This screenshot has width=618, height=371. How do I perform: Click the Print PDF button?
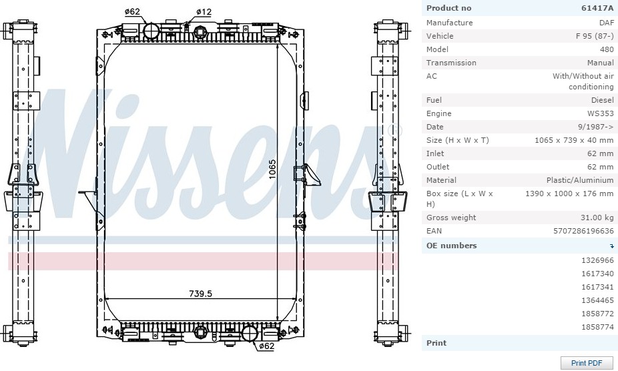[587, 363]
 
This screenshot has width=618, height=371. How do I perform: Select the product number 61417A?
[597, 8]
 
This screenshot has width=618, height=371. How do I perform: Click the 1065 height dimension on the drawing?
[272, 169]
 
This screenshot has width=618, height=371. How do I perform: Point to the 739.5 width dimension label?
[200, 294]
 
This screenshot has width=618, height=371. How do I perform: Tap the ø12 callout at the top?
[204, 12]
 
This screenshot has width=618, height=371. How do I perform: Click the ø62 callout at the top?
[132, 12]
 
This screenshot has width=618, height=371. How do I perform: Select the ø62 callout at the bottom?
[266, 346]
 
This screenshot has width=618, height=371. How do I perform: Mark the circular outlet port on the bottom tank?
[249, 334]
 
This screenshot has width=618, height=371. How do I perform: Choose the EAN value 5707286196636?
[583, 231]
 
